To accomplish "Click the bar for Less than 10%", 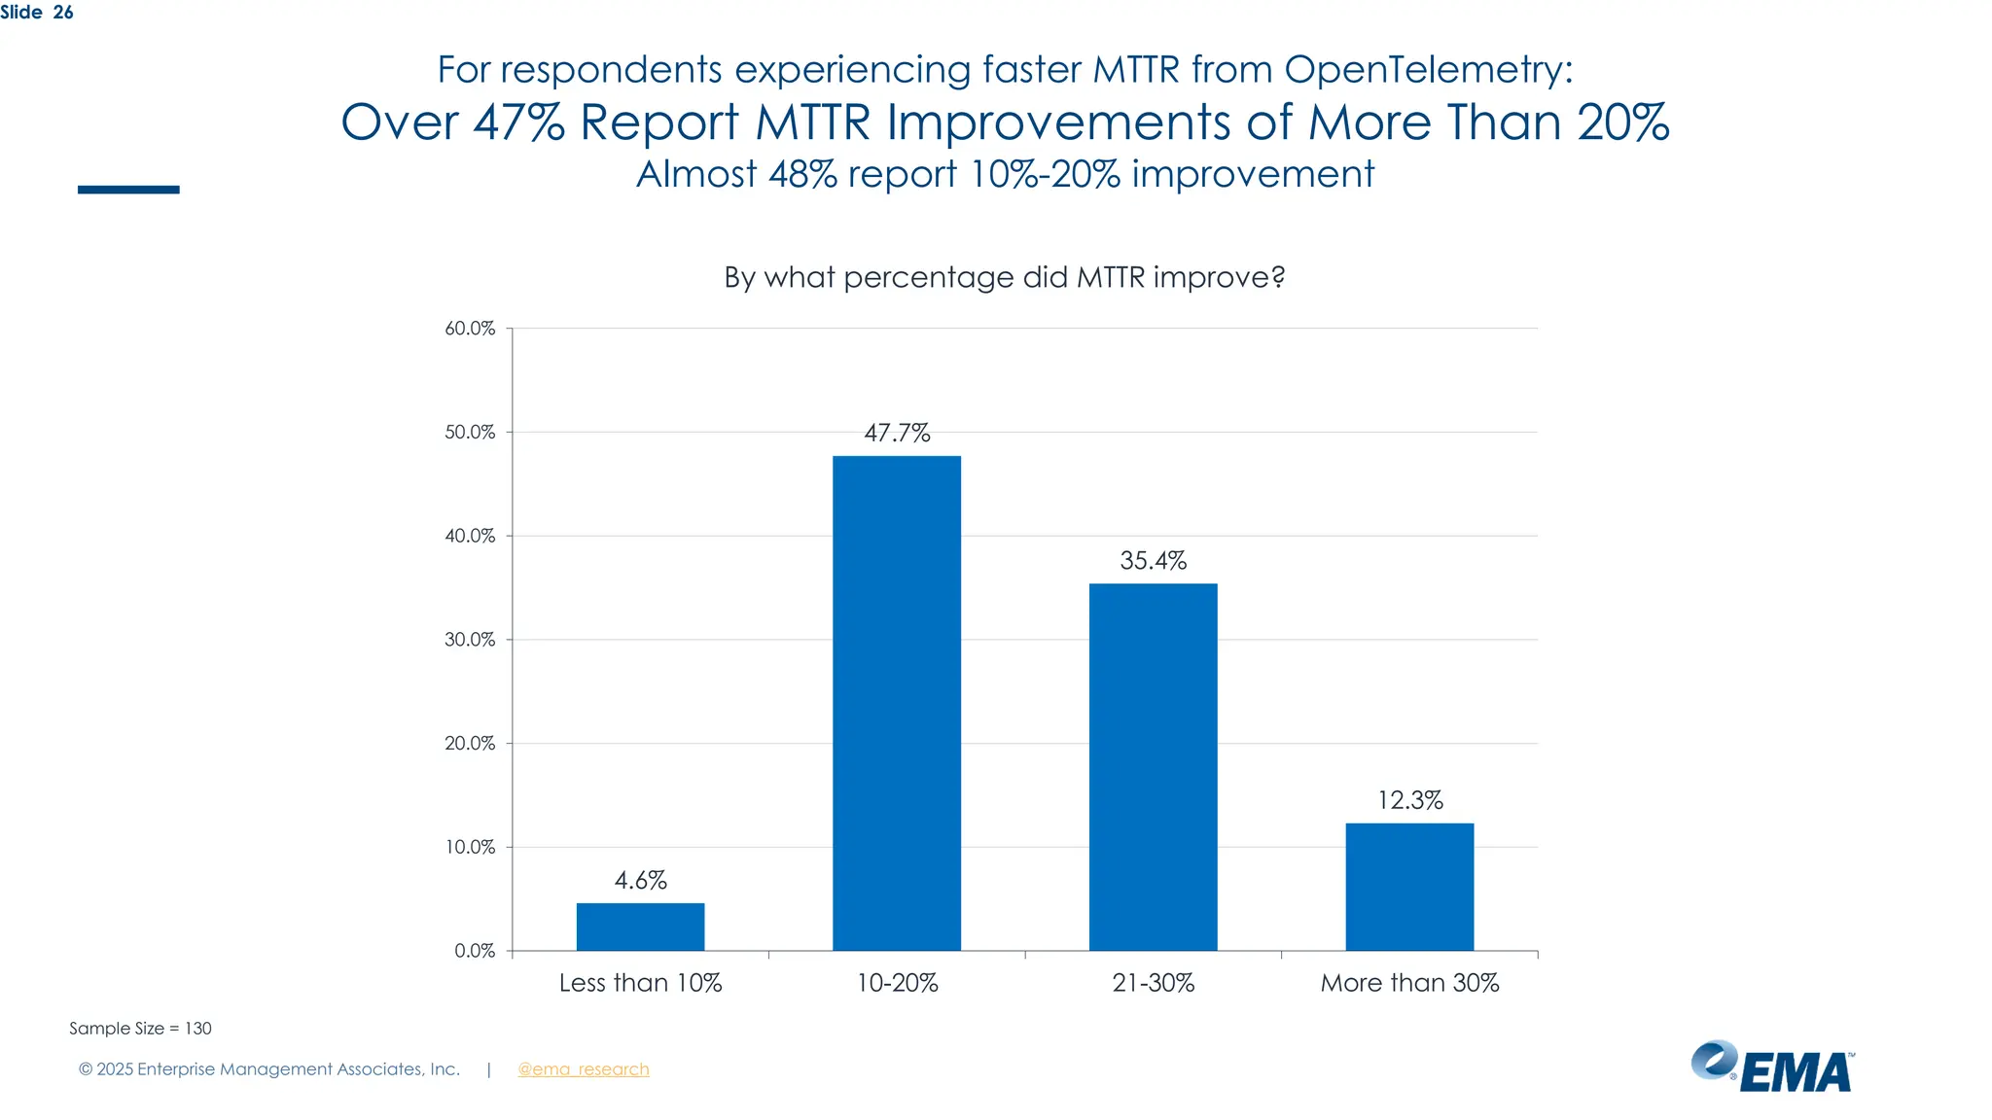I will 640,927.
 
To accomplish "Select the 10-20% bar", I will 897,703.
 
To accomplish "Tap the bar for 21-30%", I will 1153,767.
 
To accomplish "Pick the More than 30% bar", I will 1409,887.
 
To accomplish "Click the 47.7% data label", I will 897,433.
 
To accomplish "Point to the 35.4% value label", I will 1153,561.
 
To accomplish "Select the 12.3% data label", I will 1409,800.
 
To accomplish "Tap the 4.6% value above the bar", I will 640,881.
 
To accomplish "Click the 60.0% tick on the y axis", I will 470,329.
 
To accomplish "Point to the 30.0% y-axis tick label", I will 470,640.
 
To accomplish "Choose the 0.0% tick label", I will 475,951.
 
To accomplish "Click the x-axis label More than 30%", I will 1409,983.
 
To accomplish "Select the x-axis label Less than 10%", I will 640,983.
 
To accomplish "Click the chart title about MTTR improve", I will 1004,278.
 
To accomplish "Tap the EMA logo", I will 1772,1067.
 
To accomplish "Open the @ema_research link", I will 583,1069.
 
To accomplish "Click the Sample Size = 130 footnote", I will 140,1029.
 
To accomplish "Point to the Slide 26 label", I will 37,13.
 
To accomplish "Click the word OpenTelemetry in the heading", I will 1428,70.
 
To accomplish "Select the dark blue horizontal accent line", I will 128,190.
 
